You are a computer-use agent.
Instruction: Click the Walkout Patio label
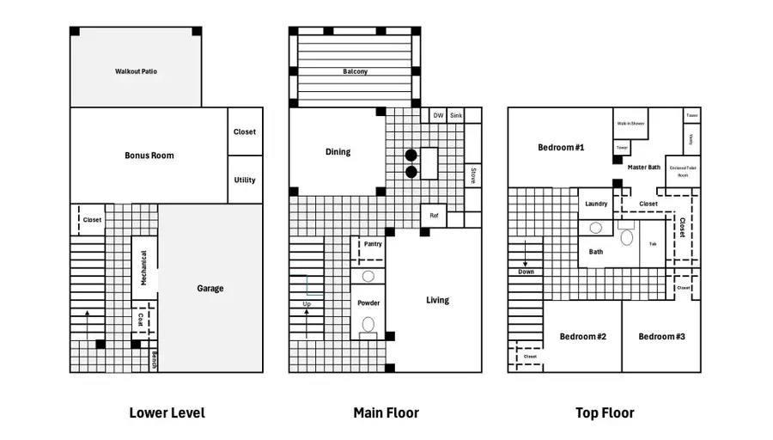[x=136, y=71]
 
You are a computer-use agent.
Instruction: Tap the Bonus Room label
[x=149, y=156]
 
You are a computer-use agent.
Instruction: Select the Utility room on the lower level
[x=245, y=180]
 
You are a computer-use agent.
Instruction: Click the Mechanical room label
[x=144, y=268]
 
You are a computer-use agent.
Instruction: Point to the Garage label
[x=210, y=289]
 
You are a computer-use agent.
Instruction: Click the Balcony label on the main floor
[x=355, y=72]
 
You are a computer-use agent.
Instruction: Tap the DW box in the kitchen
[x=438, y=115]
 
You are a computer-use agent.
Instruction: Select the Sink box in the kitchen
[x=456, y=115]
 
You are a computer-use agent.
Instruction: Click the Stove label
[x=472, y=177]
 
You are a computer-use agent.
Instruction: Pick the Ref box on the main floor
[x=434, y=216]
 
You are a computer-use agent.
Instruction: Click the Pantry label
[x=372, y=244]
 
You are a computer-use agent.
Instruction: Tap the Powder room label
[x=368, y=302]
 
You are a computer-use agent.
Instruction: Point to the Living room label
[x=437, y=301]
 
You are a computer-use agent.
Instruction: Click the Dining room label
[x=338, y=152]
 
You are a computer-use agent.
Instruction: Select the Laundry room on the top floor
[x=596, y=204]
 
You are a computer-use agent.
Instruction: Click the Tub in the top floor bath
[x=653, y=245]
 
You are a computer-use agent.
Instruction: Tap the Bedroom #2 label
[x=583, y=336]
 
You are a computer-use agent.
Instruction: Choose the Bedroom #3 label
[x=661, y=336]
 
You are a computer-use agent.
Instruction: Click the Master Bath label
[x=643, y=167]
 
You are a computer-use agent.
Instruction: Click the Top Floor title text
[x=605, y=413]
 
